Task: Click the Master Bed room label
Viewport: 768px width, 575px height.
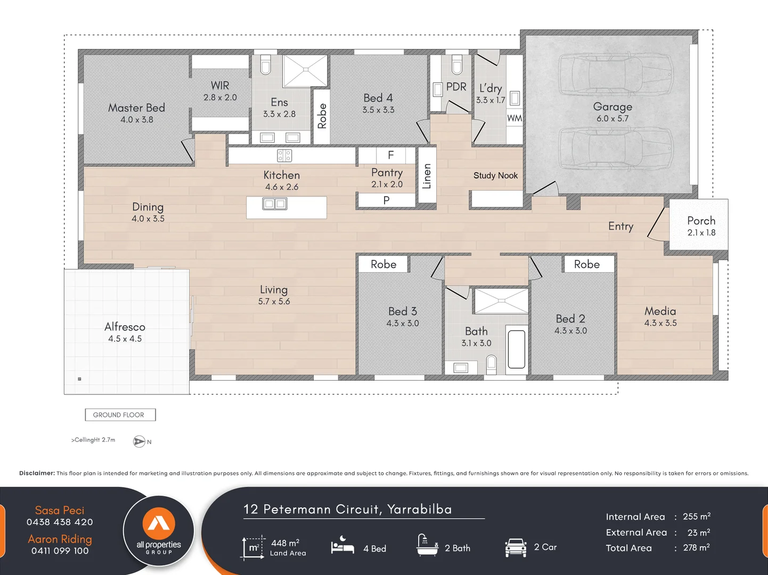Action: coord(136,108)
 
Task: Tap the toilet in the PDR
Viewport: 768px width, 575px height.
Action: coord(456,65)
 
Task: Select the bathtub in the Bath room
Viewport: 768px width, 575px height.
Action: coord(516,349)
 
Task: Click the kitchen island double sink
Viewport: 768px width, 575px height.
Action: coord(275,204)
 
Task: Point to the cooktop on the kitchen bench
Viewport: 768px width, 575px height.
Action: coord(284,155)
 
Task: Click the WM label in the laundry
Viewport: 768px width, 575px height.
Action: coord(514,118)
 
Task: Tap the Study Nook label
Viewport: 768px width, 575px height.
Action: coord(495,176)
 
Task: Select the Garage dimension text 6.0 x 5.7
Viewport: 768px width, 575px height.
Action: coord(612,119)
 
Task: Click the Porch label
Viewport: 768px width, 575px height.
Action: coord(701,220)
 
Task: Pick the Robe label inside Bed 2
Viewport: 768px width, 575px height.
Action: coord(586,265)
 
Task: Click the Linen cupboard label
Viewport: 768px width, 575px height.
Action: coord(427,176)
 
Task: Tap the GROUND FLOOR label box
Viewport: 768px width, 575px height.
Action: coord(120,415)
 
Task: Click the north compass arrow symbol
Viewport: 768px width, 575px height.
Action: coord(139,441)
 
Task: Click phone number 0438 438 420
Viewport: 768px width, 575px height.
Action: coord(60,522)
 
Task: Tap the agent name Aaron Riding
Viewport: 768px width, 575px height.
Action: coord(60,539)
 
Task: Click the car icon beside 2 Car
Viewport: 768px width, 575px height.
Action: coord(515,547)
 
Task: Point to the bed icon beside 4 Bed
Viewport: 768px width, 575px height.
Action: coord(342,546)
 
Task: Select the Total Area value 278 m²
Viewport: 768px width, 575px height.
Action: coord(696,548)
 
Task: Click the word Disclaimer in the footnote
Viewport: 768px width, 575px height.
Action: coord(37,473)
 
